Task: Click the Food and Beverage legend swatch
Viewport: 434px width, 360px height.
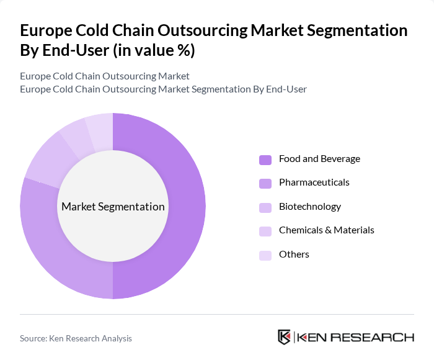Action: click(265, 160)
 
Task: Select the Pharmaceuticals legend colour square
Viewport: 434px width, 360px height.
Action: click(265, 183)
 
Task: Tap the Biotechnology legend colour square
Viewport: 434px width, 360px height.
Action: click(265, 207)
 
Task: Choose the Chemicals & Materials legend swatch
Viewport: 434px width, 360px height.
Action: click(265, 231)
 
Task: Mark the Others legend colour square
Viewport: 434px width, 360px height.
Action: click(265, 255)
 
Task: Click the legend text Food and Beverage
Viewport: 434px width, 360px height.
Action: click(319, 159)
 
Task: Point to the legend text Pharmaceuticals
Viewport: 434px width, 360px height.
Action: click(314, 182)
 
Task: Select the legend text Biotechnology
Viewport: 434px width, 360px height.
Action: click(310, 207)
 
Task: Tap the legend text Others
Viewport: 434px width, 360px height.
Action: click(294, 254)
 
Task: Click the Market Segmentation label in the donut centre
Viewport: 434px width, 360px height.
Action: click(113, 207)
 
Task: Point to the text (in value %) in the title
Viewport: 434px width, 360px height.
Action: click(153, 51)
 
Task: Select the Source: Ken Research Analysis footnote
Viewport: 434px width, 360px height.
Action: click(76, 338)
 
